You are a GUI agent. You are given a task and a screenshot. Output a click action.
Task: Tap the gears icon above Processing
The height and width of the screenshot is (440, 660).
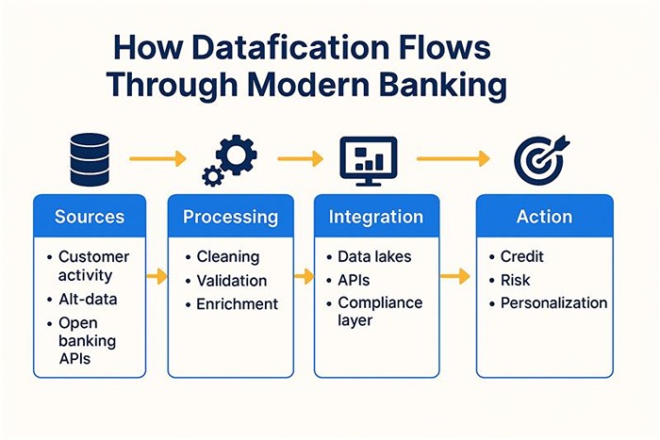pyautogui.click(x=229, y=159)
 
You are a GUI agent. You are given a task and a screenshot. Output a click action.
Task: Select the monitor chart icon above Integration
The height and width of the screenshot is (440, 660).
pyautogui.click(x=368, y=158)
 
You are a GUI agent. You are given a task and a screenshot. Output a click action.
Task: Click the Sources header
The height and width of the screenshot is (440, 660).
pyautogui.click(x=90, y=217)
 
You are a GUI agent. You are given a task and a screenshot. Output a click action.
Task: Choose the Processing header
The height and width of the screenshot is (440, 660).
pyautogui.click(x=230, y=217)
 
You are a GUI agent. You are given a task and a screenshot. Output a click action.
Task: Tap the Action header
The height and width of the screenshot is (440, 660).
pyautogui.click(x=544, y=217)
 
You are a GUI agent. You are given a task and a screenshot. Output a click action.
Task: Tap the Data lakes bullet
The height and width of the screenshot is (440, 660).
pyautogui.click(x=374, y=256)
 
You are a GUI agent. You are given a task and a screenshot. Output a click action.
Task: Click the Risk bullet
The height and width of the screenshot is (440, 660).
pyautogui.click(x=515, y=280)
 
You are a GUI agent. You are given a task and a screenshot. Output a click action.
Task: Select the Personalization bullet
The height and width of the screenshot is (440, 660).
pyautogui.click(x=553, y=303)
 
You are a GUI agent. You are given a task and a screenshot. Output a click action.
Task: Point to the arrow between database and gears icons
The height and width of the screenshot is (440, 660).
pyautogui.click(x=157, y=159)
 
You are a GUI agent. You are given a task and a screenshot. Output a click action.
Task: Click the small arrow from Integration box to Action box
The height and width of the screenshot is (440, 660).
pyautogui.click(x=455, y=276)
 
